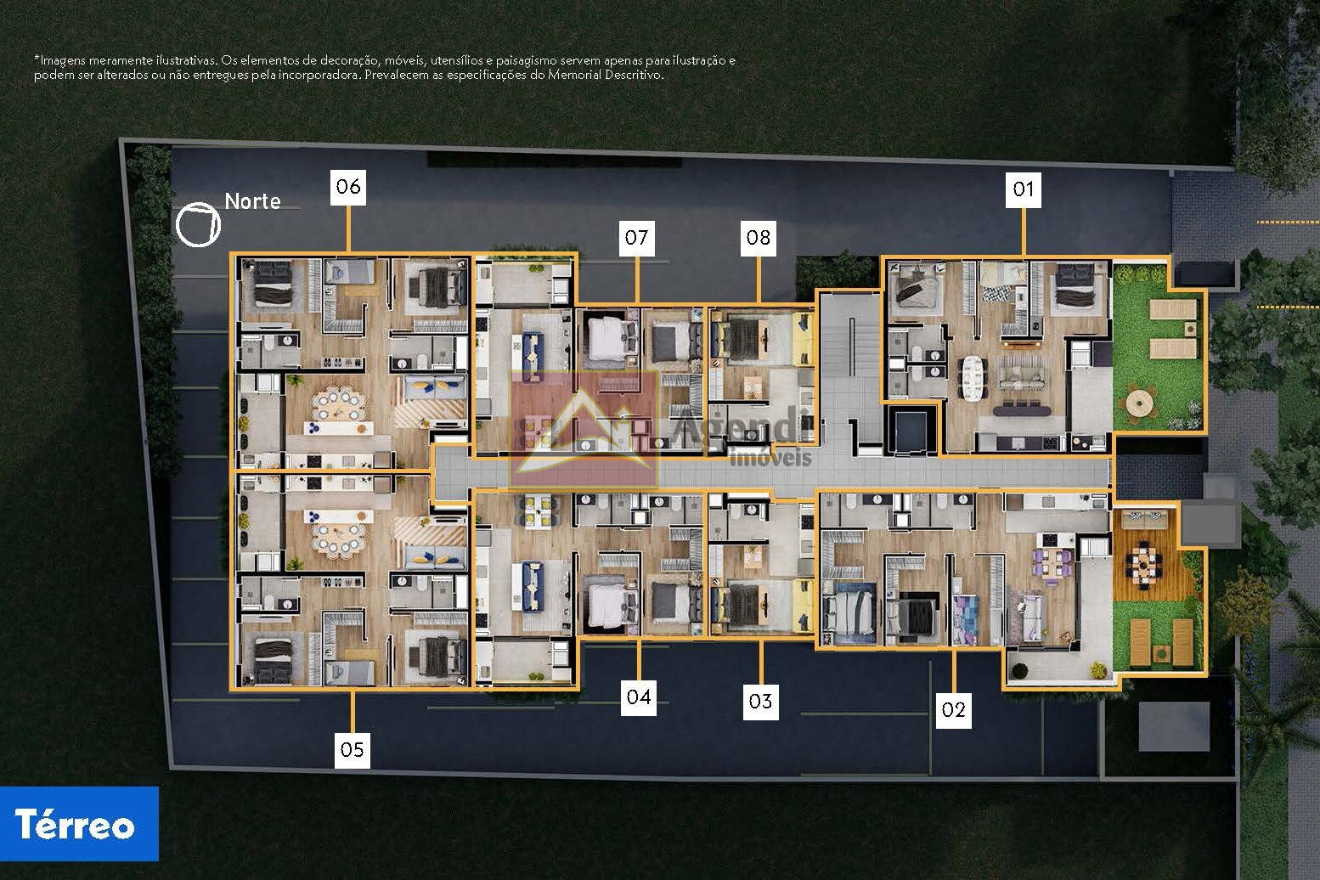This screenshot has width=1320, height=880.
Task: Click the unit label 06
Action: click(347, 188)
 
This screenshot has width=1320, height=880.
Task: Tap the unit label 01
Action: click(1023, 189)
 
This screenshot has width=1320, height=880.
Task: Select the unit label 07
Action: click(636, 238)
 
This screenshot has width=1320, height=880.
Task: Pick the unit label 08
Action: click(759, 238)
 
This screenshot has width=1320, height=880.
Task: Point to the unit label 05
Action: click(352, 750)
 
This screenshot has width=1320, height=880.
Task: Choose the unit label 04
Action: click(639, 697)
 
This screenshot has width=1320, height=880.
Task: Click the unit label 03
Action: click(761, 702)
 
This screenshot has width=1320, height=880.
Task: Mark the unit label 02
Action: click(953, 709)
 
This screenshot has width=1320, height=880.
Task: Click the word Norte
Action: click(253, 201)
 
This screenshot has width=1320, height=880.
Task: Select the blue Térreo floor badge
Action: click(79, 823)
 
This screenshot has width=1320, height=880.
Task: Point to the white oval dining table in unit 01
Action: click(973, 377)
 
